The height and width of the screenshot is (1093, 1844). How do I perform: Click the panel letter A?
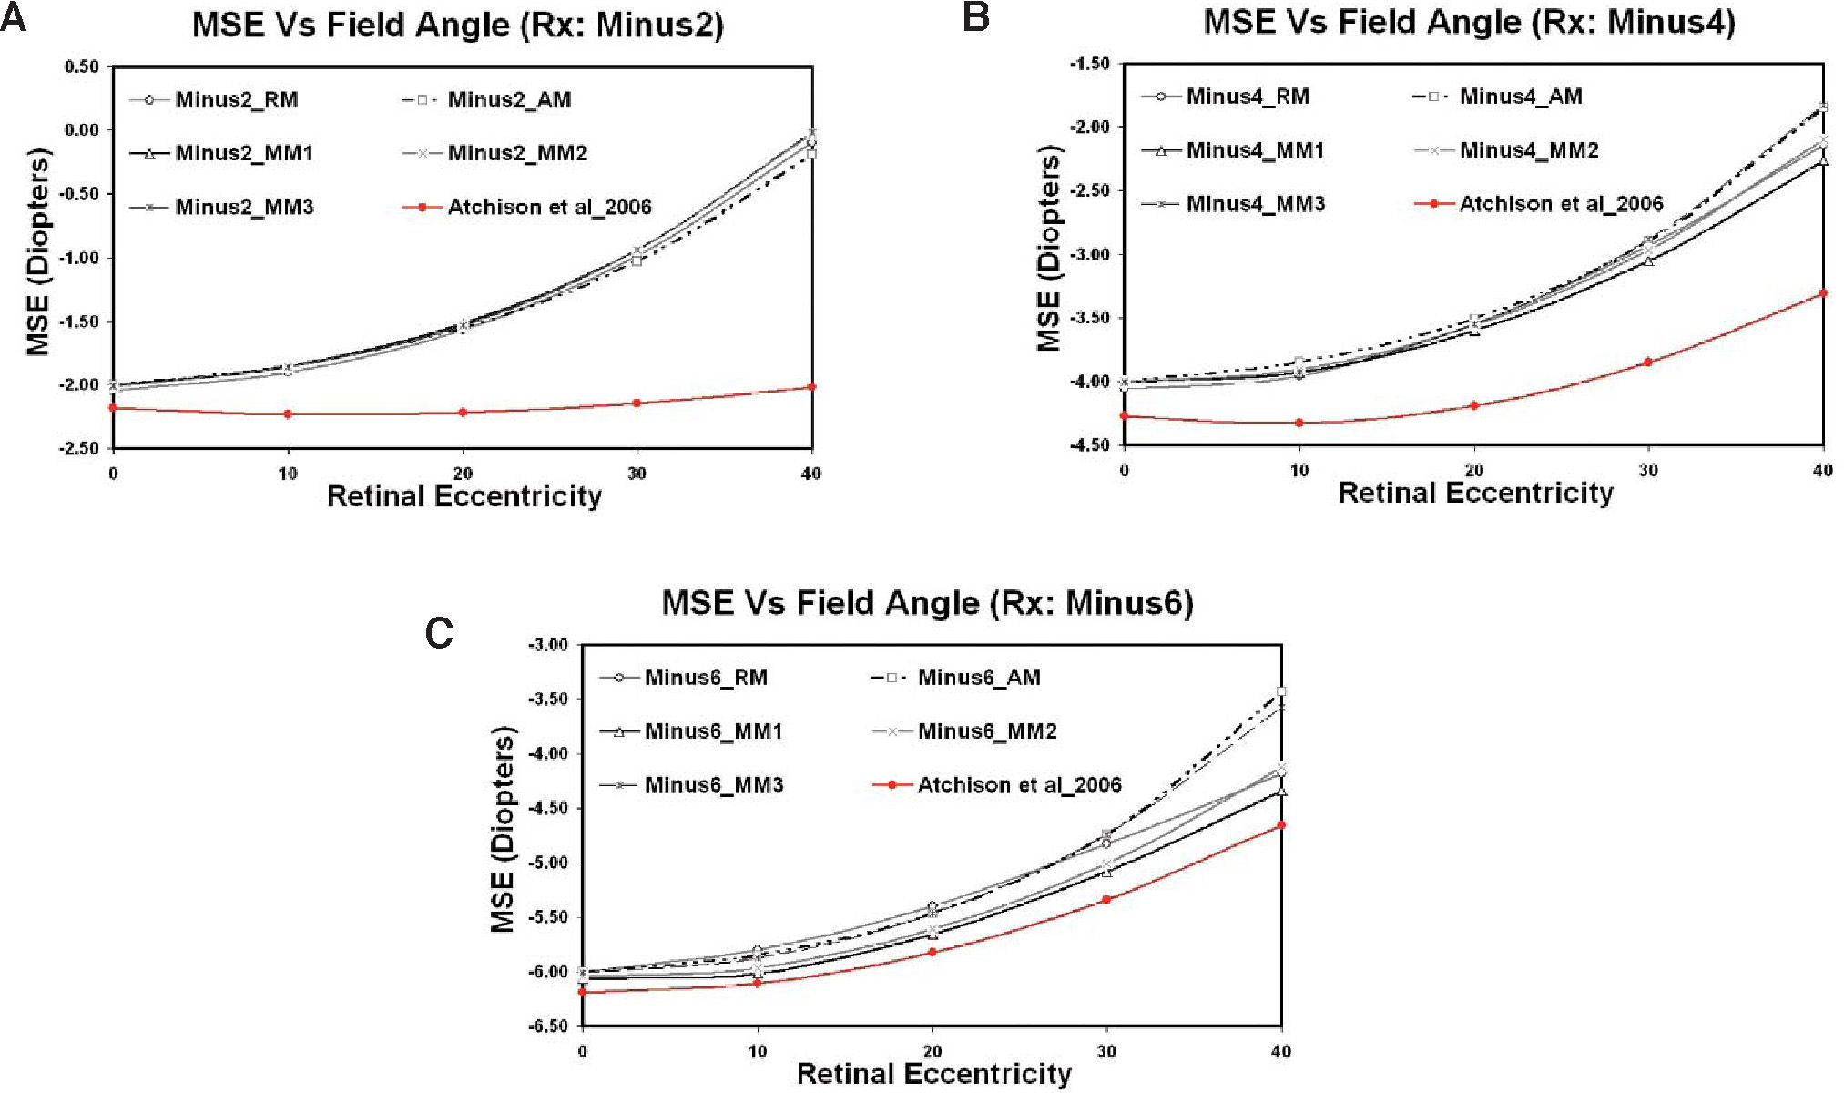point(15,18)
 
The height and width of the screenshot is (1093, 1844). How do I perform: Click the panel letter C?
point(439,633)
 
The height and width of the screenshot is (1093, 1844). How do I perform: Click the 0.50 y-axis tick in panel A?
point(81,66)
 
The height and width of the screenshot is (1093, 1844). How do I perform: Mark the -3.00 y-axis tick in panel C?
point(548,645)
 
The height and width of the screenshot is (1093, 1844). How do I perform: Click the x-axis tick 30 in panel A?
point(637,474)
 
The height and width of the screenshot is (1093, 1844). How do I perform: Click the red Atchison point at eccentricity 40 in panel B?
point(1823,293)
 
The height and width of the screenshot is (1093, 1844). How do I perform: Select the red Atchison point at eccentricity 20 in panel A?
point(463,413)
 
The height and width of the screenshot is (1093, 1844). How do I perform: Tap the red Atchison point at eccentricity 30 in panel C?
point(1106,900)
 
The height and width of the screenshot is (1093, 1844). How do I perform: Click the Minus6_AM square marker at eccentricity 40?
point(1281,691)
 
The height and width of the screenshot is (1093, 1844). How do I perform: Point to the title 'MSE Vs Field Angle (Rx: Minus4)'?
point(1469,22)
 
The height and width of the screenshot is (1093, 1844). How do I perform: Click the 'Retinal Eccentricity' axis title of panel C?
point(933,1074)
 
